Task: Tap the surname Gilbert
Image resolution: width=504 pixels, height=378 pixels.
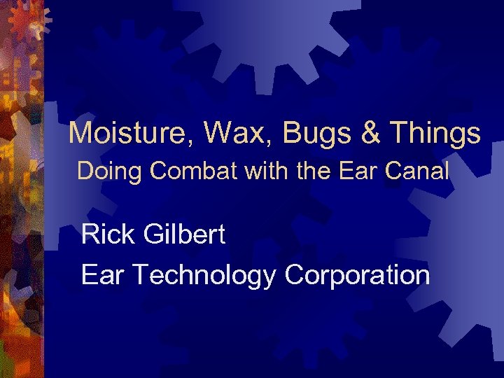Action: (x=185, y=234)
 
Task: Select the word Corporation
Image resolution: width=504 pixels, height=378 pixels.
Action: (x=357, y=276)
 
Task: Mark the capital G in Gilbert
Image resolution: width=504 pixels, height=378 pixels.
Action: (x=154, y=234)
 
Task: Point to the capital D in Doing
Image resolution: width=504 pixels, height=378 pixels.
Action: (x=84, y=171)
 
